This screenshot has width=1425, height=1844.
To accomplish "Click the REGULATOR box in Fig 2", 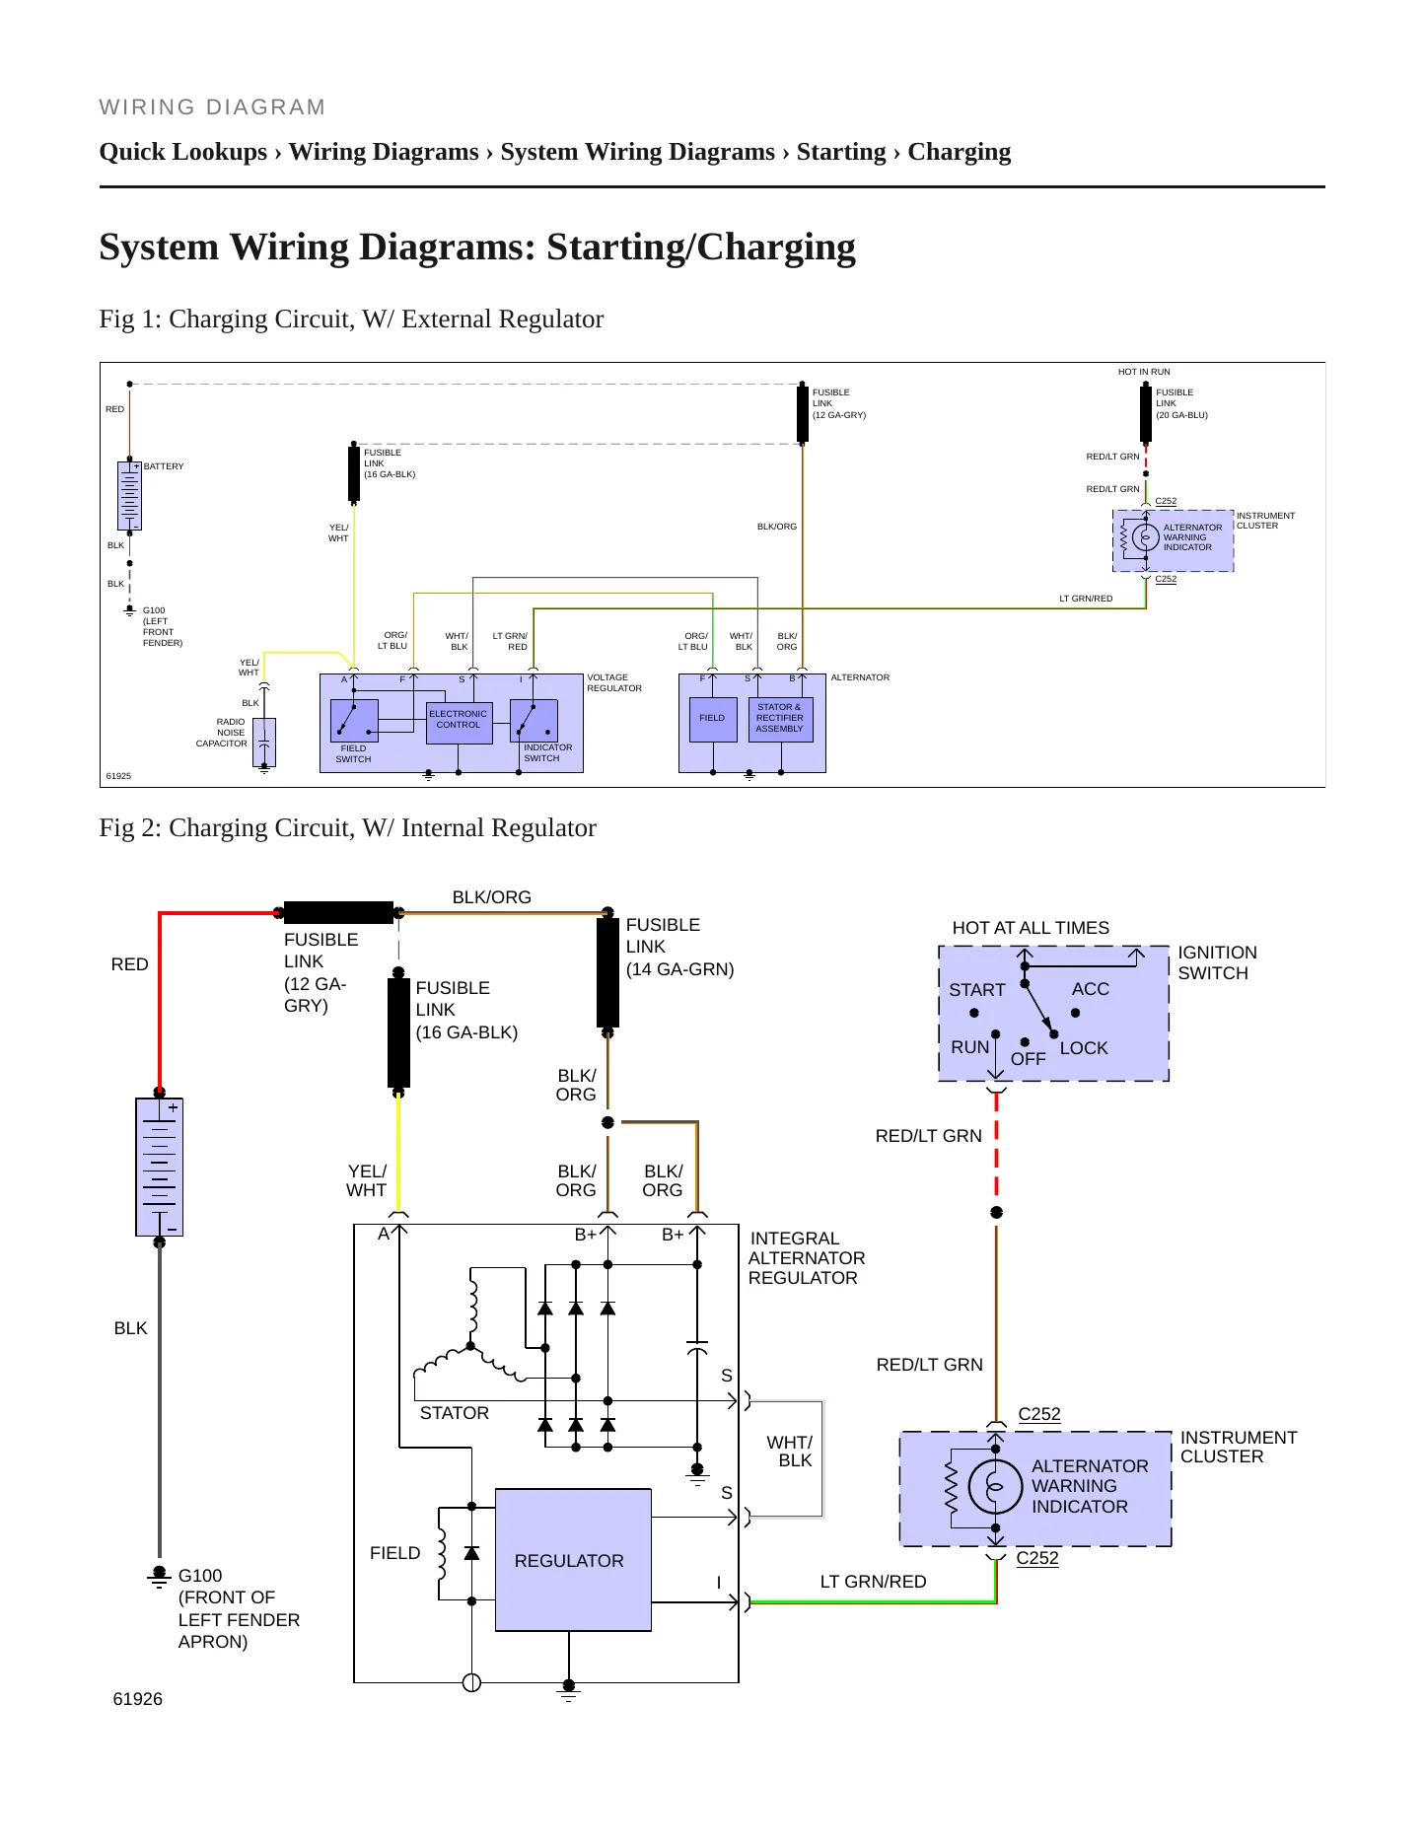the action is (x=573, y=1560).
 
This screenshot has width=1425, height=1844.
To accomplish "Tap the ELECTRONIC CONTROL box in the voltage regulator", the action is (x=459, y=723).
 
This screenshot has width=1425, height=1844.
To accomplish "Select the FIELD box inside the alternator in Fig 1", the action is (x=712, y=719).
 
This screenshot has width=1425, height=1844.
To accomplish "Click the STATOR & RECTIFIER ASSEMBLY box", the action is (x=780, y=719).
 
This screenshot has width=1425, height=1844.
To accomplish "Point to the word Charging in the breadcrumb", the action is (x=959, y=152).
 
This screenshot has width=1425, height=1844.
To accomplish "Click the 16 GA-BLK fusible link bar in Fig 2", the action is (x=398, y=1032).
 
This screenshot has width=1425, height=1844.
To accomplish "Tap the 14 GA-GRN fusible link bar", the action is (x=607, y=972).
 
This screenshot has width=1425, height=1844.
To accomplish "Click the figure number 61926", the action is (x=138, y=1699).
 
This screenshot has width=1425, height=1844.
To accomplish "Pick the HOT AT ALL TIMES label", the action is (x=1031, y=928).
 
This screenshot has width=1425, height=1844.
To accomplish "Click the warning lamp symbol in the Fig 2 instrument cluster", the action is (x=995, y=1487).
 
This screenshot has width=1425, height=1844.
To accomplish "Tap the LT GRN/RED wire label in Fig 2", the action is (x=874, y=1582).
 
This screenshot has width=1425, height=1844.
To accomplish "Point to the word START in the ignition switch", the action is (x=977, y=990).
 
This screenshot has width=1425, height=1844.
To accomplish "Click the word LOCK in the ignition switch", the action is (x=1084, y=1048).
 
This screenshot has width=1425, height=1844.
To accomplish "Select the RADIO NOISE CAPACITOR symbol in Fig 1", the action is (x=264, y=743).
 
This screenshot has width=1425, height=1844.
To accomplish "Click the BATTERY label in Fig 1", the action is (x=164, y=466).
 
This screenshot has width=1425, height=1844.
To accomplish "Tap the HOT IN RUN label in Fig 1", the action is (x=1144, y=372).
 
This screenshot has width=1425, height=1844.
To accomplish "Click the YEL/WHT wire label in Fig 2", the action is (x=366, y=1180).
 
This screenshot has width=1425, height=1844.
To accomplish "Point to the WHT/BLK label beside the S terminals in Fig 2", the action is (x=790, y=1452).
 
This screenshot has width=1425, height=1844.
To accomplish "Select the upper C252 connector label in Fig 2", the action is (x=1039, y=1414).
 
